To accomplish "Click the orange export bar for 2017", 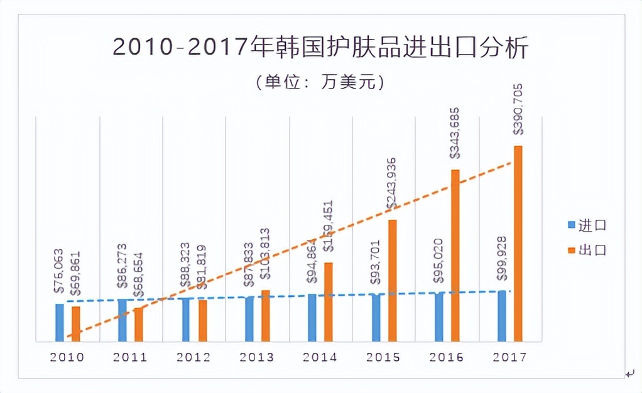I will pos(518,245).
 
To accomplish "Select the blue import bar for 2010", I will pos(60,323).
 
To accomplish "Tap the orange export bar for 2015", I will pos(392,281).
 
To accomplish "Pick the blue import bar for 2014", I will pos(312,318).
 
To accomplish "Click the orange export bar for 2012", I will pos(202,321).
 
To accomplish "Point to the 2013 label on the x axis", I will pos(256,357).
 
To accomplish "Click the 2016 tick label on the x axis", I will pos(446,357).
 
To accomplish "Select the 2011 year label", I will pos(130,357).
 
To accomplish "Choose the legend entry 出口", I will pos(588,249).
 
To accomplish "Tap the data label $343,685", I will pos(455,135).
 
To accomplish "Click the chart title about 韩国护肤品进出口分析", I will pos(320,48).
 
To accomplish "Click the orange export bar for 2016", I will pos(455,256).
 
